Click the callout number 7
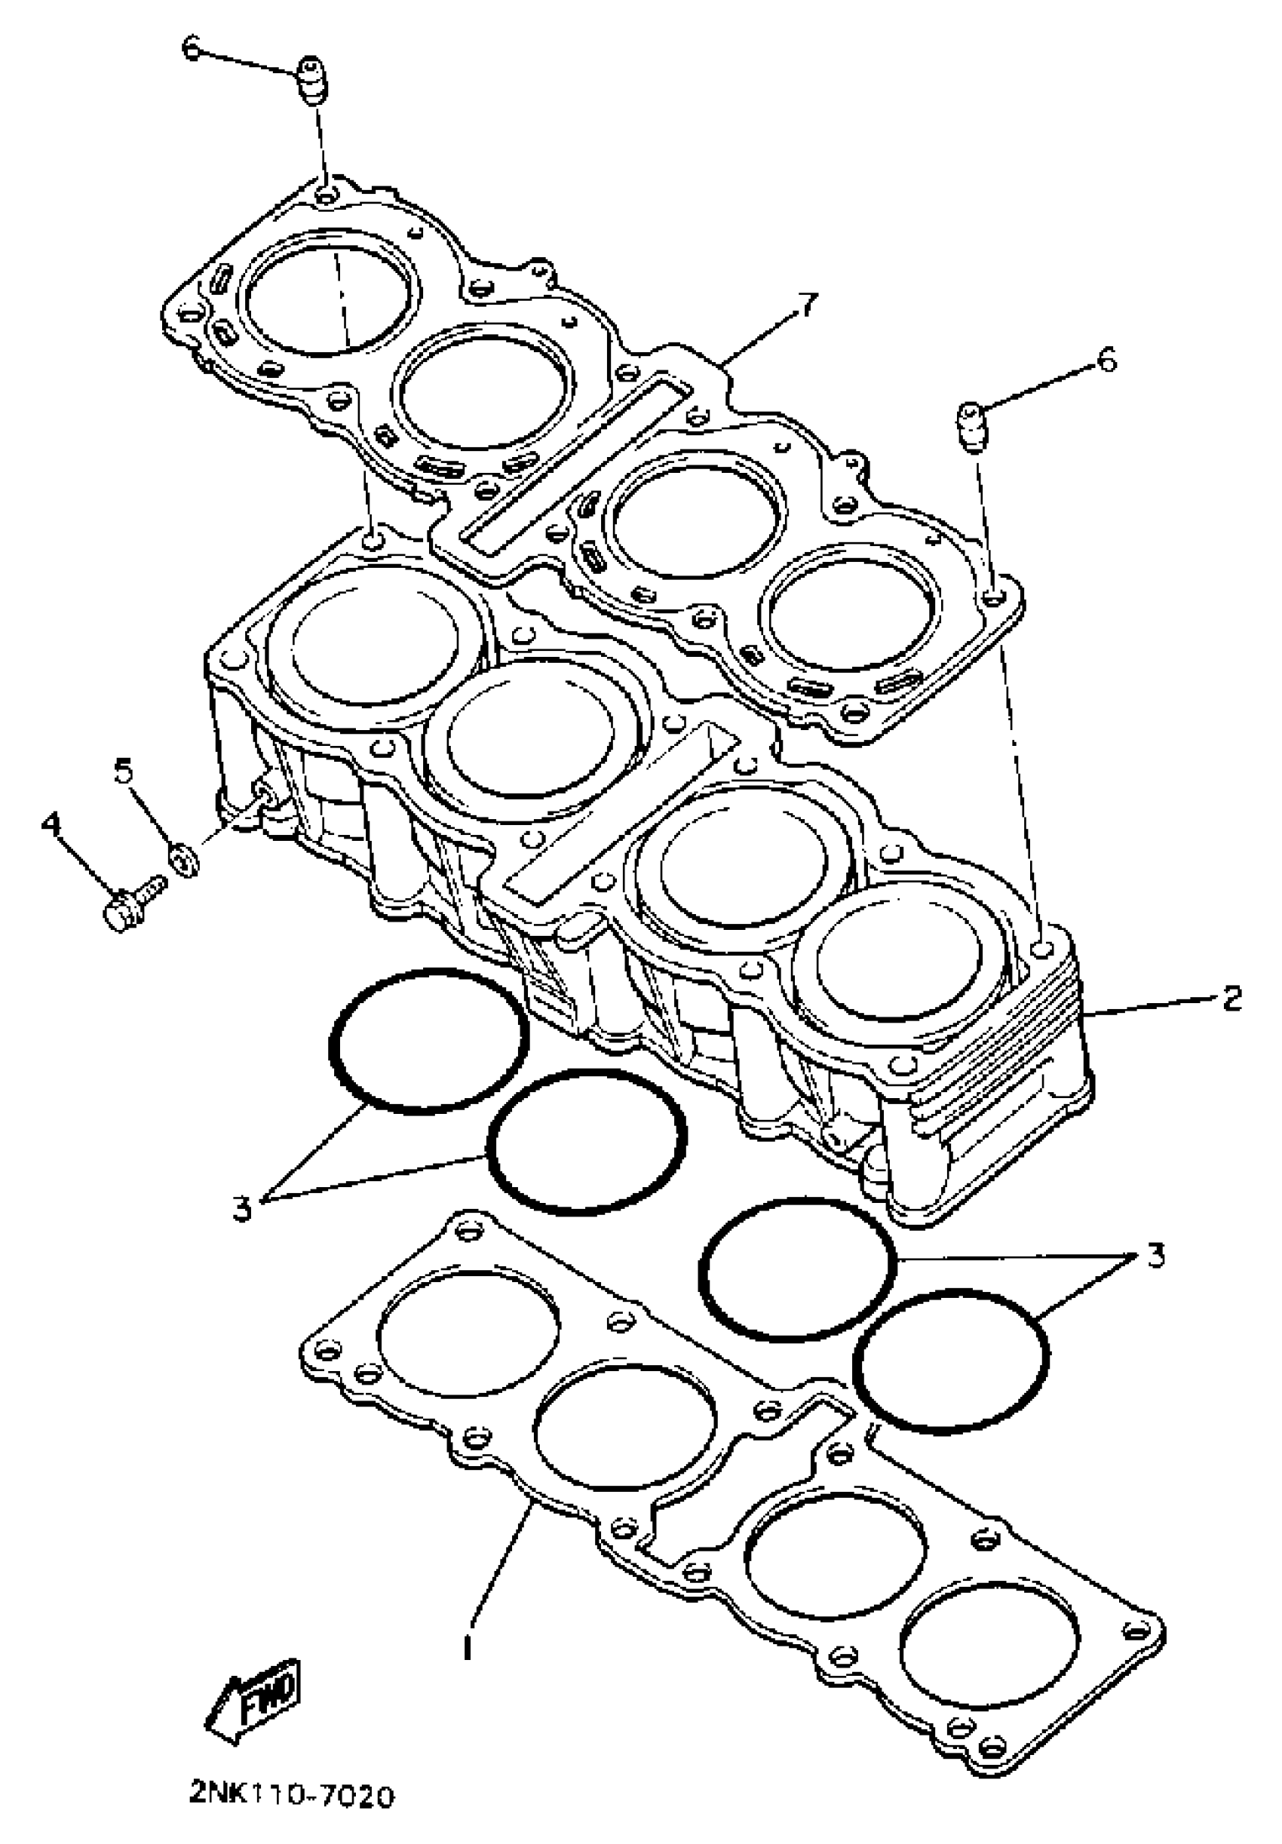click(x=805, y=307)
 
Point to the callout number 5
click(x=122, y=772)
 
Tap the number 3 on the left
click(x=243, y=1209)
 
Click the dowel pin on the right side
click(x=974, y=428)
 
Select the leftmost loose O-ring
click(x=429, y=1041)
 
